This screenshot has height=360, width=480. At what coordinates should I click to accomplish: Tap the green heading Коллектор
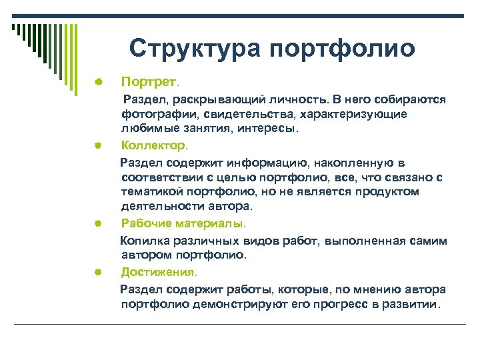coord(155,144)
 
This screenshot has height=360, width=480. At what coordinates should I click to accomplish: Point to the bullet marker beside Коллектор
coord(97,144)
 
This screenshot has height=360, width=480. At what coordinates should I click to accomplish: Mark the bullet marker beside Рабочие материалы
coord(97,223)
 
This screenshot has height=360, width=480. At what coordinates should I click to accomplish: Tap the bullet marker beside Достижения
coord(97,272)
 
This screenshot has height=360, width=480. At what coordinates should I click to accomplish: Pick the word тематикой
coord(152,192)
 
